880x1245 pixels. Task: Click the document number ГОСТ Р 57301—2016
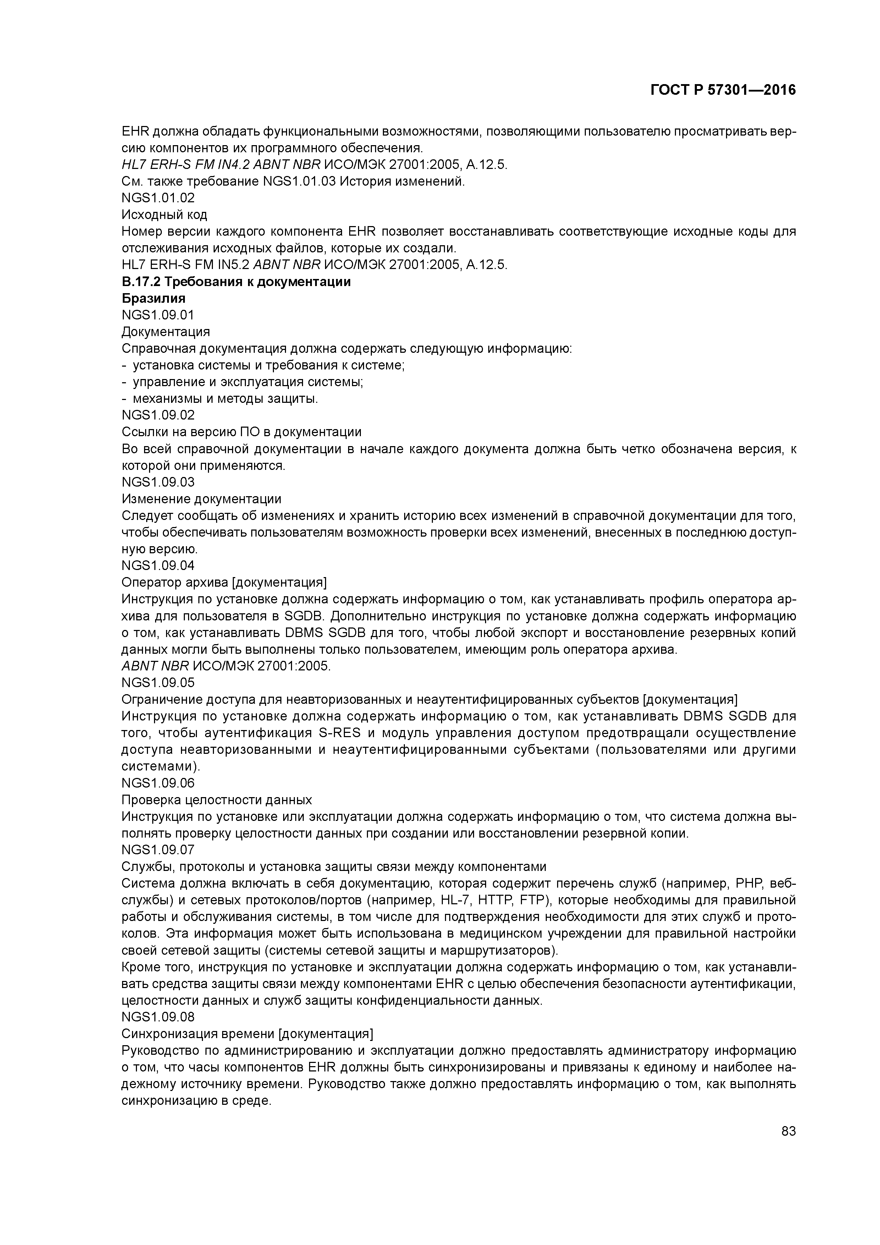[723, 90]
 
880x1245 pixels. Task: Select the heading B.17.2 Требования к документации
[236, 282]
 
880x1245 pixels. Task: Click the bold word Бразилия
[153, 298]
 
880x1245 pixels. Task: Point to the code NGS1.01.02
[158, 198]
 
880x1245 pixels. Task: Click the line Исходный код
[164, 215]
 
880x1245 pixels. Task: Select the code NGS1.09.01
[158, 315]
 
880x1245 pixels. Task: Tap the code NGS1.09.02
[158, 415]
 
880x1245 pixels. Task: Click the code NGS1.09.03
[158, 482]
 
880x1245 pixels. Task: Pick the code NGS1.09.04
[158, 566]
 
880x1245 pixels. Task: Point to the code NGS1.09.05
[158, 682]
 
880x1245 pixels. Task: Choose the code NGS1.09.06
[158, 783]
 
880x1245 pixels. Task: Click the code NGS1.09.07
[158, 850]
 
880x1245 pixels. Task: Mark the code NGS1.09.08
[158, 1017]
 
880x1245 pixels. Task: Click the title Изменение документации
[201, 499]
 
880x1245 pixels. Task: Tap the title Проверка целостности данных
[216, 800]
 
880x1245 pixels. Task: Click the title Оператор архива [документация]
[224, 582]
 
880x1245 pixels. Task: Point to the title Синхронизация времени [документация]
[247, 1033]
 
